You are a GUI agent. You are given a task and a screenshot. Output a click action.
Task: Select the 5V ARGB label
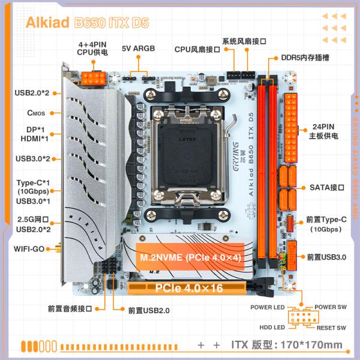click(x=140, y=48)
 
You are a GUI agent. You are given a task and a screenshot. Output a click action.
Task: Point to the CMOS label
click(x=37, y=113)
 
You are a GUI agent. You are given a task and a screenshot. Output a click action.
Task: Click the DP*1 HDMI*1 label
click(x=35, y=134)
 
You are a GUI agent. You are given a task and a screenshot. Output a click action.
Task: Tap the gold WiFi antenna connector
click(x=58, y=248)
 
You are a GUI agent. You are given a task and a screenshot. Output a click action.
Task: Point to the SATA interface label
click(x=327, y=187)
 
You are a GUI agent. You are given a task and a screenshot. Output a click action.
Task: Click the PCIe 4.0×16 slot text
click(x=188, y=289)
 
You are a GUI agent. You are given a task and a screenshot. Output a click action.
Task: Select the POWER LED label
click(x=267, y=307)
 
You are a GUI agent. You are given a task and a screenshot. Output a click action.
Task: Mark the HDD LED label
click(x=271, y=328)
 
